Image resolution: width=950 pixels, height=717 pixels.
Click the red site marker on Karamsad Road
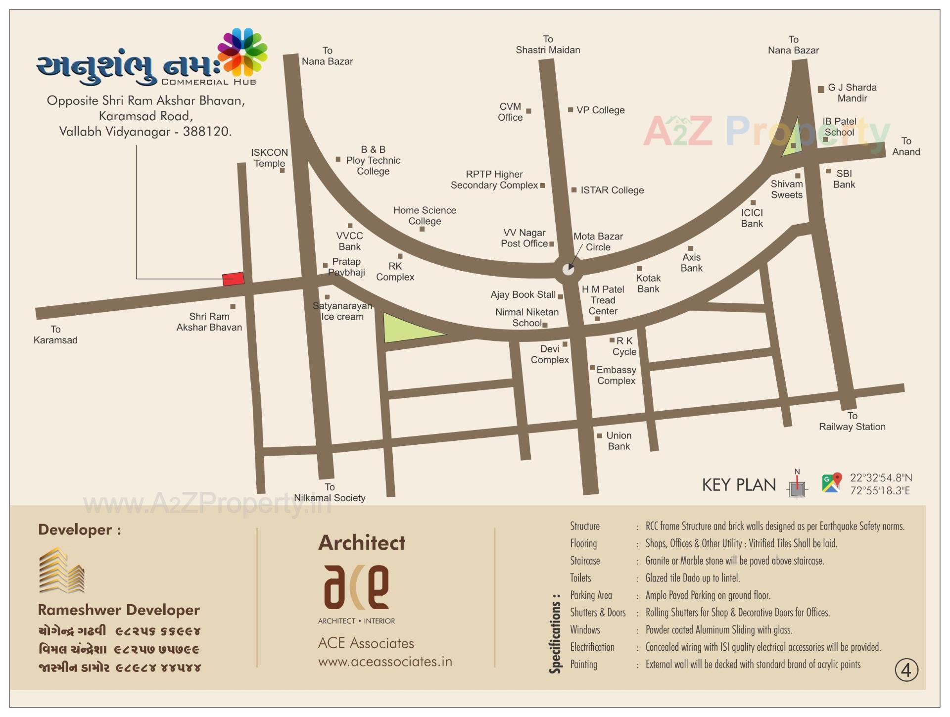point(233,279)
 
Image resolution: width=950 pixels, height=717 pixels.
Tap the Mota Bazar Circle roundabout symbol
point(569,269)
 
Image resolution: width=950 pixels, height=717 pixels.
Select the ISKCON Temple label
point(269,158)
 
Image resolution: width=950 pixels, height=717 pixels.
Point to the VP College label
point(600,110)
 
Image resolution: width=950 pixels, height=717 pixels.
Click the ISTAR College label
point(612,191)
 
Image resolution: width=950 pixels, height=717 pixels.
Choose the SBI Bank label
point(844,179)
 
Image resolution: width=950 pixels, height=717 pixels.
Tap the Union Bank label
point(618,441)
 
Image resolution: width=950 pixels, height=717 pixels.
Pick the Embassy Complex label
point(616,375)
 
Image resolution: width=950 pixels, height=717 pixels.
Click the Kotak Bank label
point(648,284)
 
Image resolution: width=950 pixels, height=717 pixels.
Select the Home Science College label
point(425,216)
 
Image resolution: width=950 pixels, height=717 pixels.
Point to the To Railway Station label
point(852,422)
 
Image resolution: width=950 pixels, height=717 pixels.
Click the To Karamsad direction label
point(55,335)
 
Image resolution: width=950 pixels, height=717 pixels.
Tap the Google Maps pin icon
point(832,483)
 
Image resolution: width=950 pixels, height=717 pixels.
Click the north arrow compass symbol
point(797,485)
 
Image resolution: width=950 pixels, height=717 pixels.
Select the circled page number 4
point(906,670)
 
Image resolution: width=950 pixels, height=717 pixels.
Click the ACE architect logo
point(356,587)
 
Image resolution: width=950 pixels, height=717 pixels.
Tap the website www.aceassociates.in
point(385,662)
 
